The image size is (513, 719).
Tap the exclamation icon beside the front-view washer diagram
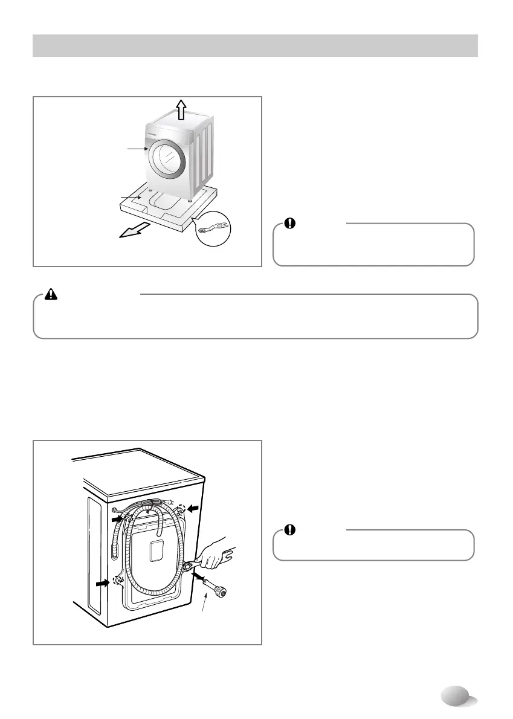(x=290, y=223)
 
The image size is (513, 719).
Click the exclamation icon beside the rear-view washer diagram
(x=290, y=529)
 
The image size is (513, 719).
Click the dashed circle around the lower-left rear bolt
(x=118, y=581)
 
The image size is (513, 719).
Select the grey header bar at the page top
(x=255, y=45)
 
